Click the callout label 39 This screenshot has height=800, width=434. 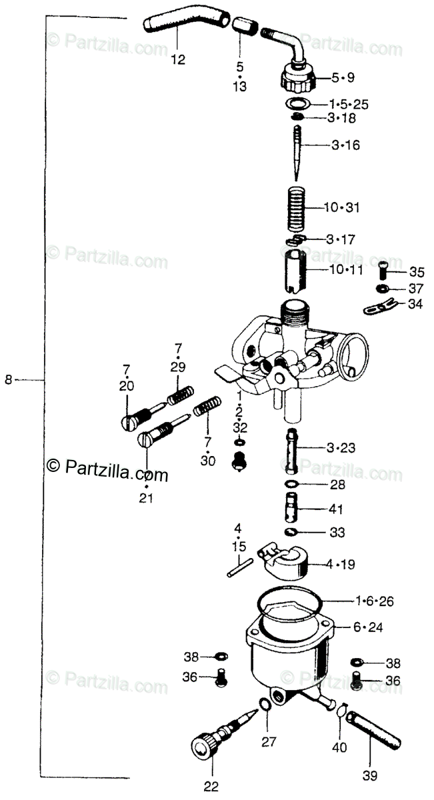point(369,775)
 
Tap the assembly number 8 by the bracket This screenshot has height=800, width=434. point(8,380)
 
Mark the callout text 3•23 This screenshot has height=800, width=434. point(341,448)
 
